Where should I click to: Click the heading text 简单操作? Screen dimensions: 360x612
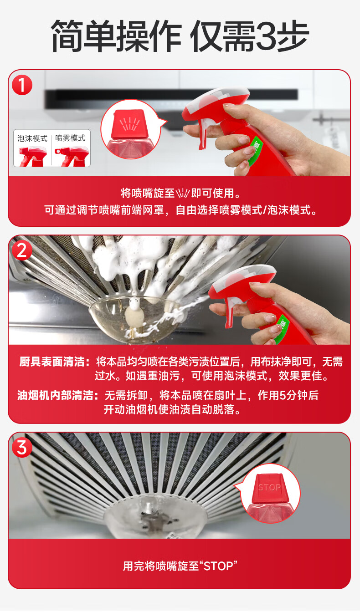pyautogui.click(x=116, y=36)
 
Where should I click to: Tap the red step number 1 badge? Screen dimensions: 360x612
pyautogui.click(x=22, y=85)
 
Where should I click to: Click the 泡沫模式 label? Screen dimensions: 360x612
pyautogui.click(x=32, y=138)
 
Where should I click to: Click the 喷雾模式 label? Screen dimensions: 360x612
pyautogui.click(x=70, y=138)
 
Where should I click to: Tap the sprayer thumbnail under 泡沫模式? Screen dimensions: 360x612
pyautogui.click(x=33, y=156)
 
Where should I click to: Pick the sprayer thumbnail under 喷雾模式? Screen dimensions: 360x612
pyautogui.click(x=72, y=156)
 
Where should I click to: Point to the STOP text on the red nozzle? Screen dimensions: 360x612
pyautogui.click(x=269, y=487)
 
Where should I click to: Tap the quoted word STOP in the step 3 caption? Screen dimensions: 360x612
pyautogui.click(x=218, y=566)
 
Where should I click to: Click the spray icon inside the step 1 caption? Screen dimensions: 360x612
pyautogui.click(x=182, y=194)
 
